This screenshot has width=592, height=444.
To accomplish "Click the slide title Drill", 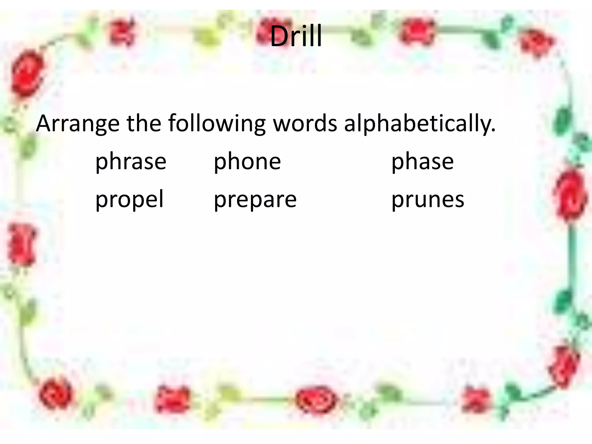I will point(296,36).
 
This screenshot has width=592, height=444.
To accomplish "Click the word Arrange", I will point(77,124).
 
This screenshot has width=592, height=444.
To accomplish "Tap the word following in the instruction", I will point(217,124).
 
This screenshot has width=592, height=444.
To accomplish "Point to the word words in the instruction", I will point(305,124).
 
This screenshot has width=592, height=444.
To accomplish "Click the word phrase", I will point(131,162).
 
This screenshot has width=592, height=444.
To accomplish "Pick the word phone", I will point(247,162).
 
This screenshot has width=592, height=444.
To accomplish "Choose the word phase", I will point(422,162).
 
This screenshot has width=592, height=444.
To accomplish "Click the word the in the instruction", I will point(144,124).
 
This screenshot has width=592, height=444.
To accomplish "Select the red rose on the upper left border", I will point(27,74).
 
